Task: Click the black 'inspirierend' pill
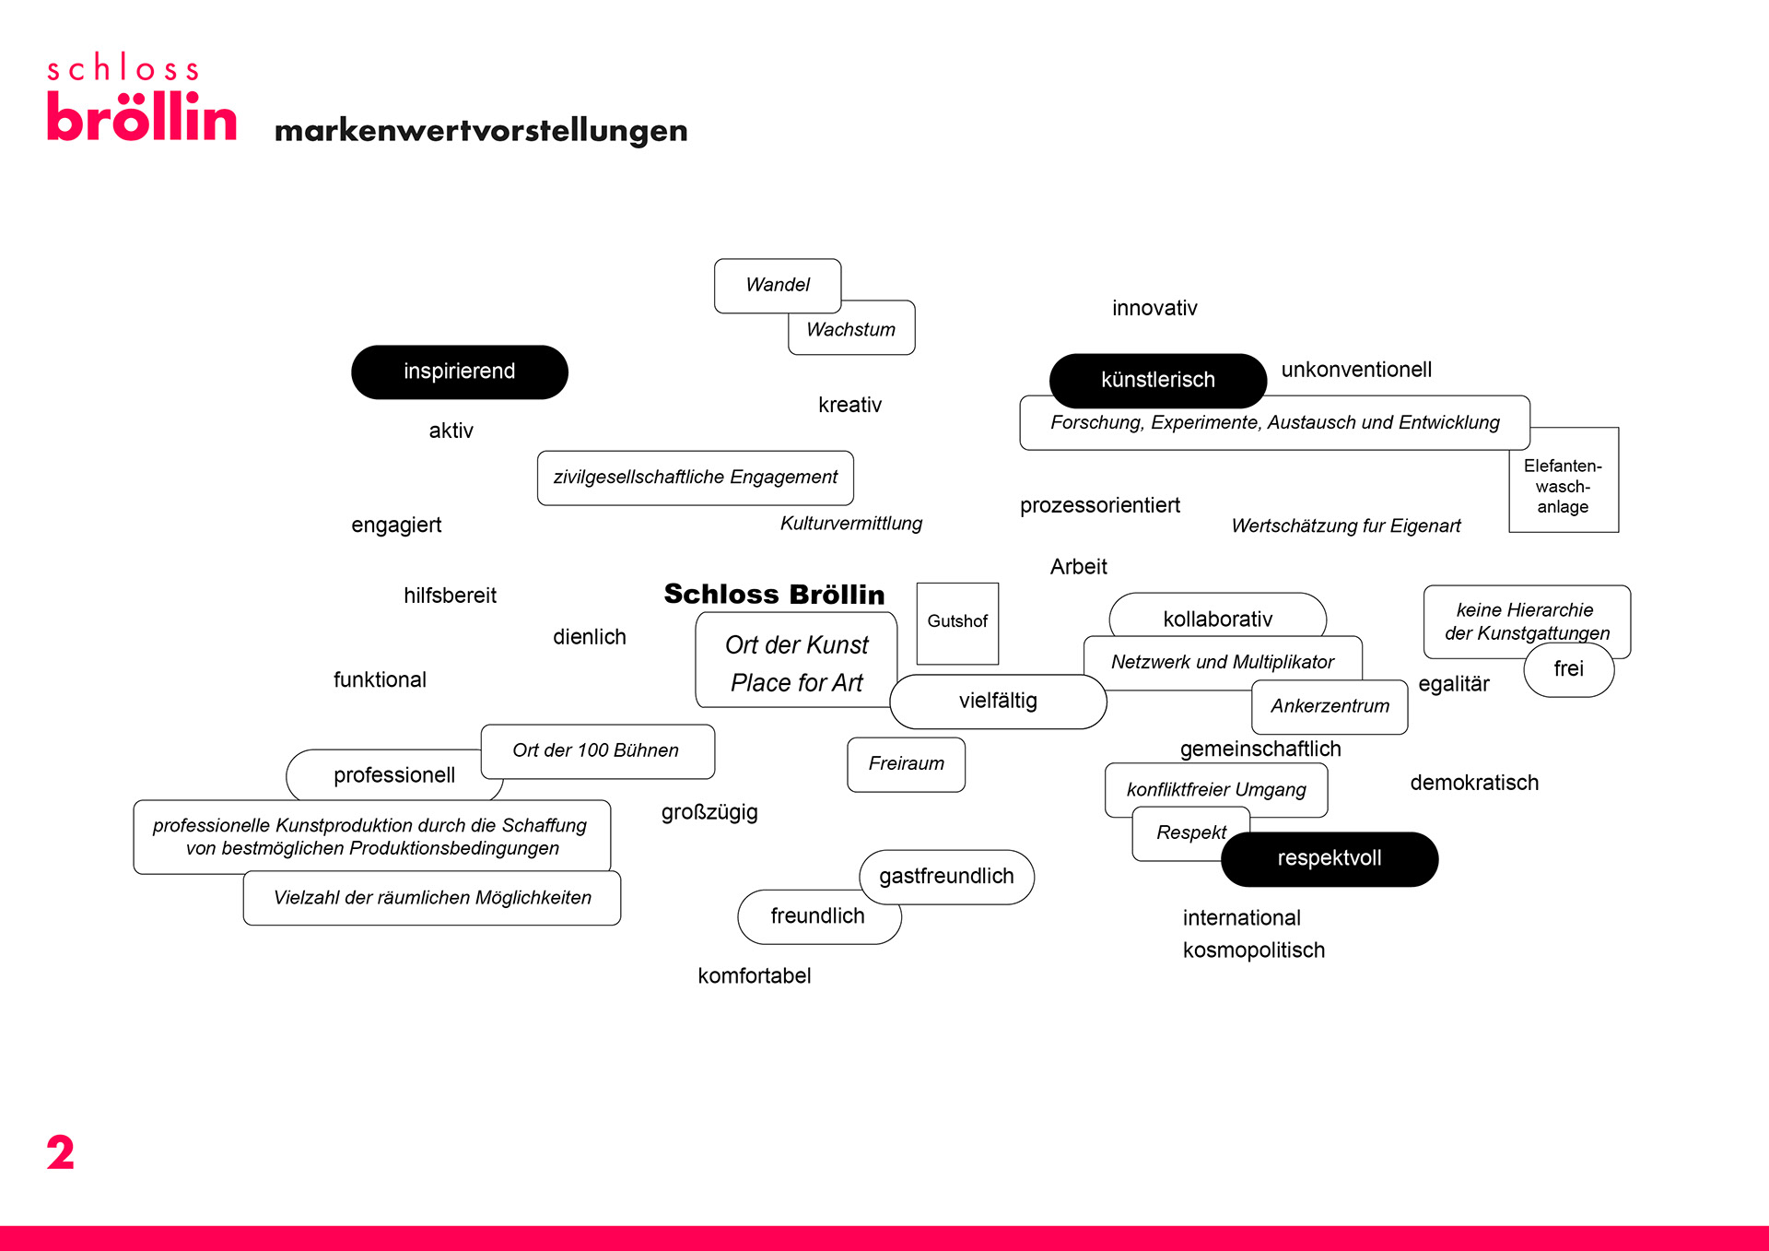click(459, 372)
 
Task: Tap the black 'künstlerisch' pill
click(1157, 380)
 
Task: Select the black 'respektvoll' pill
click(1329, 858)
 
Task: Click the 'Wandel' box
click(778, 285)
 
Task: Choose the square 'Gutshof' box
click(957, 622)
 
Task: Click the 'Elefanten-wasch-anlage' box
click(1564, 486)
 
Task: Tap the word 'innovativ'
click(1154, 308)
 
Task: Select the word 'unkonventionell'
click(1356, 370)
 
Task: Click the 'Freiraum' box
click(906, 763)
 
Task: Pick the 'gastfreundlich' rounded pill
click(946, 876)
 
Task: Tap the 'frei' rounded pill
click(1568, 669)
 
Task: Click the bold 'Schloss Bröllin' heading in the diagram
click(774, 595)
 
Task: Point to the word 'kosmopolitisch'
click(1253, 950)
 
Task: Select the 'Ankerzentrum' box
click(1330, 706)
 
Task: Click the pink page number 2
click(61, 1152)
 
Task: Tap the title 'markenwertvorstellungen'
click(481, 131)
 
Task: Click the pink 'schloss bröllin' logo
click(141, 99)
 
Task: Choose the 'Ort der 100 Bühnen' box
click(596, 750)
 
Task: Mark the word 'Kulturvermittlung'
click(850, 524)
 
